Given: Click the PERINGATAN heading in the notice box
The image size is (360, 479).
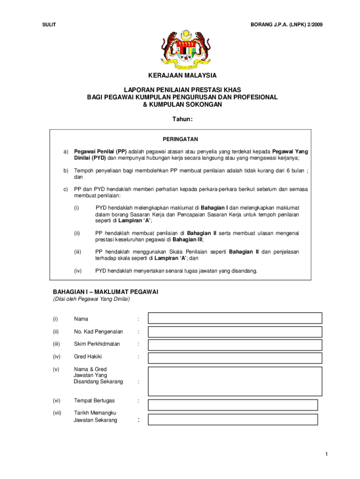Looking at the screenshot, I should pyautogui.click(x=180, y=139).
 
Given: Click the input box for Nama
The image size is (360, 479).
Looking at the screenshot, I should pyautogui.click(x=235, y=318).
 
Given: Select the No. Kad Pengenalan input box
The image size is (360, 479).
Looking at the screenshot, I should pyautogui.click(x=235, y=332).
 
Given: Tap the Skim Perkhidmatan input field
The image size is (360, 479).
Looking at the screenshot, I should pyautogui.click(x=235, y=345).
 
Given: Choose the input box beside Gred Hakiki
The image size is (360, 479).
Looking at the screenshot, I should pyautogui.click(x=235, y=358).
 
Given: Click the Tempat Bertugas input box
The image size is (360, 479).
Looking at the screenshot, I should pyautogui.click(x=233, y=405).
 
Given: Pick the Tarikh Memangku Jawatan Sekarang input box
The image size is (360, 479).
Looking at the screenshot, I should pyautogui.click(x=233, y=419).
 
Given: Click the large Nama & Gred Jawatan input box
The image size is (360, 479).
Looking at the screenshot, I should pyautogui.click(x=235, y=381).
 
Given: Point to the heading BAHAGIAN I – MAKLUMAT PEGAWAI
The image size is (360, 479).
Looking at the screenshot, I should pyautogui.click(x=105, y=292).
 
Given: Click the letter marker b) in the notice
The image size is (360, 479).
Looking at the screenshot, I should pyautogui.click(x=66, y=171).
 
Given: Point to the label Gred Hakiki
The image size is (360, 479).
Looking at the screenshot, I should pyautogui.click(x=87, y=356).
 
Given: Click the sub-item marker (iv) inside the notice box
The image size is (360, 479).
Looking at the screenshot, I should pyautogui.click(x=78, y=270).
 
